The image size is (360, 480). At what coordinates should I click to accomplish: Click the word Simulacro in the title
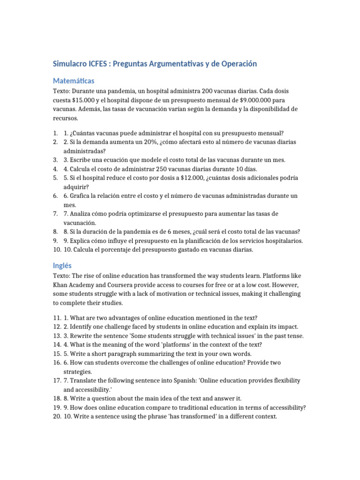coord(71,64)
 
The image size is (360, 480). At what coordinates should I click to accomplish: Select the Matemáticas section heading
coord(74,81)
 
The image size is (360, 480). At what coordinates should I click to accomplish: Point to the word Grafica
coord(81,195)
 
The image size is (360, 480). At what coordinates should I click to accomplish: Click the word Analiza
coord(81,214)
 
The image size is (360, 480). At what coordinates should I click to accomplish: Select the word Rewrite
coord(82,336)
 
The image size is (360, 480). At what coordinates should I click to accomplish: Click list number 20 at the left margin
coord(56,417)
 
